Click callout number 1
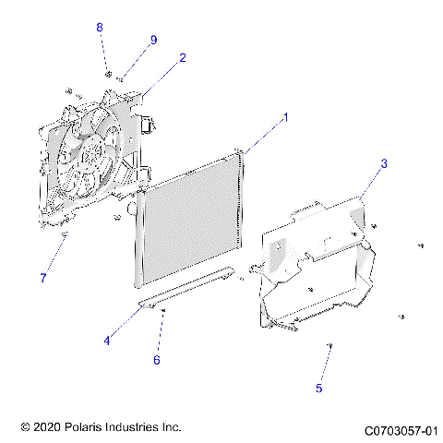pyautogui.click(x=286, y=117)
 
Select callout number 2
pyautogui.click(x=183, y=57)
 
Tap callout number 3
pyautogui.click(x=384, y=163)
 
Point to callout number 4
pyautogui.click(x=107, y=341)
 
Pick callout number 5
pyautogui.click(x=318, y=389)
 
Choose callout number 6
pyautogui.click(x=157, y=359)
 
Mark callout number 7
pyautogui.click(x=42, y=278)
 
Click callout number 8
pyautogui.click(x=100, y=28)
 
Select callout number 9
pyautogui.click(x=153, y=39)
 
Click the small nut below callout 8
pyautogui.click(x=108, y=73)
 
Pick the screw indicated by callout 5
pyautogui.click(x=329, y=345)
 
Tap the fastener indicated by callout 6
pyautogui.click(x=163, y=311)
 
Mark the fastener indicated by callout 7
pyautogui.click(x=64, y=237)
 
